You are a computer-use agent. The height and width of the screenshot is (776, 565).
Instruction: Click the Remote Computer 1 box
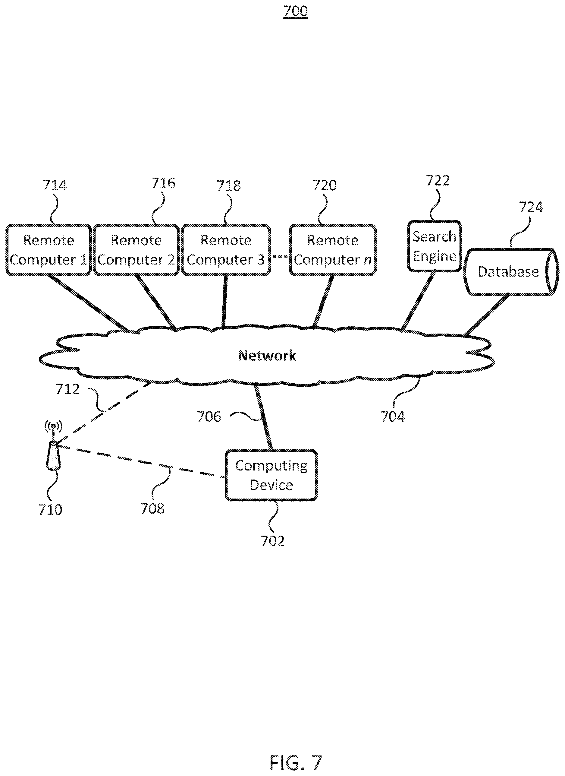click(49, 250)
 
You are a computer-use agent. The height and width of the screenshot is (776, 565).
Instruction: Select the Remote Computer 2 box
click(136, 250)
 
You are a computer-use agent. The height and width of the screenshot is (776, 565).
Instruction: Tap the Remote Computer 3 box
click(226, 250)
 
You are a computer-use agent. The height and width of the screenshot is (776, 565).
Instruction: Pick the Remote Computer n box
click(333, 250)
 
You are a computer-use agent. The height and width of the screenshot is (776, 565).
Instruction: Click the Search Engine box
click(434, 246)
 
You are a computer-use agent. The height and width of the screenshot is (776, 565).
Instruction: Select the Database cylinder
click(511, 271)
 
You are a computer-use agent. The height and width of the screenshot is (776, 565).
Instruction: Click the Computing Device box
click(271, 475)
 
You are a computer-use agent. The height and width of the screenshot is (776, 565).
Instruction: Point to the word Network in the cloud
click(267, 356)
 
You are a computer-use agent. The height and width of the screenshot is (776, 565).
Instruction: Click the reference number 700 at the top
click(296, 11)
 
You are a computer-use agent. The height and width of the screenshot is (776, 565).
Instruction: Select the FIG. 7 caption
click(296, 753)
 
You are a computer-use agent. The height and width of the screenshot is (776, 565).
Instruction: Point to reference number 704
click(393, 417)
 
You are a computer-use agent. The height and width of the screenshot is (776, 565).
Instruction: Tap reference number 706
click(209, 417)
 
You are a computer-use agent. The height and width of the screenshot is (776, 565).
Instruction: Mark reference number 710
click(50, 510)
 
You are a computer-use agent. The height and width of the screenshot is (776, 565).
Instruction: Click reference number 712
click(68, 389)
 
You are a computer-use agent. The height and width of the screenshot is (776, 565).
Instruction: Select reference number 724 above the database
click(531, 207)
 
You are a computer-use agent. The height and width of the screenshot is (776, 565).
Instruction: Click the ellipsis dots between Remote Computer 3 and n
click(280, 256)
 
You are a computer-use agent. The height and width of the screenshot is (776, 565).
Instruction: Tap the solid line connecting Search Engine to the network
click(418, 301)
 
